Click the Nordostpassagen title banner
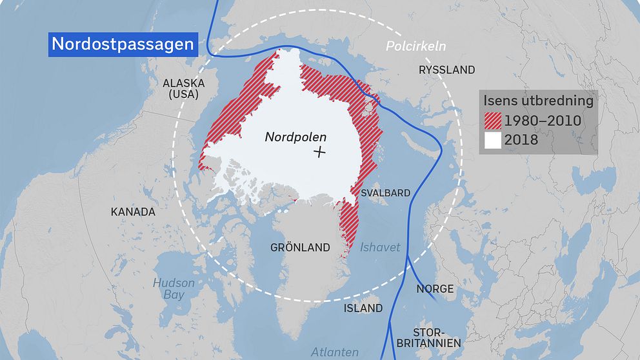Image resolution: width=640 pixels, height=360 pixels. pyautogui.click(x=123, y=44)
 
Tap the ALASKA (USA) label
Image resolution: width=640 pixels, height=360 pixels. pyautogui.click(x=183, y=89)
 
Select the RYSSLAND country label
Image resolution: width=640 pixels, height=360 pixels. pyautogui.click(x=446, y=70)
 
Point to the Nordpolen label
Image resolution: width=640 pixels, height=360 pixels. pyautogui.click(x=295, y=137)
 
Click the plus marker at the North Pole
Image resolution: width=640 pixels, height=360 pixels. pyautogui.click(x=319, y=152)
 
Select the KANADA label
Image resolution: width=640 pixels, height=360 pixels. pyautogui.click(x=133, y=212)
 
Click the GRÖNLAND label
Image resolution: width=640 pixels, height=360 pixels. pyautogui.click(x=300, y=247)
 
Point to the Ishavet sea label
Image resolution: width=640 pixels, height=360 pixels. pyautogui.click(x=380, y=247)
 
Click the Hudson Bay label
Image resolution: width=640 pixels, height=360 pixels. pyautogui.click(x=173, y=289)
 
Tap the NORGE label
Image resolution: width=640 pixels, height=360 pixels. pyautogui.click(x=435, y=288)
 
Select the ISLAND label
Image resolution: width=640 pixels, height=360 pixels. pyautogui.click(x=363, y=308)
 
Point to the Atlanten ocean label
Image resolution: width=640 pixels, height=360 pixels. pyautogui.click(x=335, y=352)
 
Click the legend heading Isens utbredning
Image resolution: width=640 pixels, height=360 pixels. pyautogui.click(x=538, y=101)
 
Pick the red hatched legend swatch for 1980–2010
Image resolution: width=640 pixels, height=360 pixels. pyautogui.click(x=494, y=120)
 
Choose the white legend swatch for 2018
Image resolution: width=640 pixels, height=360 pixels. pyautogui.click(x=494, y=139)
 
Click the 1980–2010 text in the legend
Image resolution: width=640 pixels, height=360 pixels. pyautogui.click(x=543, y=121)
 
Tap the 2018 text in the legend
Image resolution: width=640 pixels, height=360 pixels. pyautogui.click(x=521, y=139)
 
